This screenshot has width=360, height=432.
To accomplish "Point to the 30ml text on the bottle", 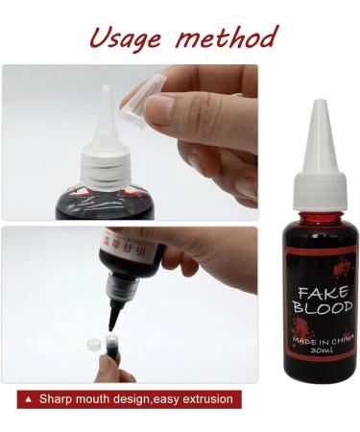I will click(x=315, y=352).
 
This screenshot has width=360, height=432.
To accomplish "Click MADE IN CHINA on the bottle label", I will click(x=315, y=339).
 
